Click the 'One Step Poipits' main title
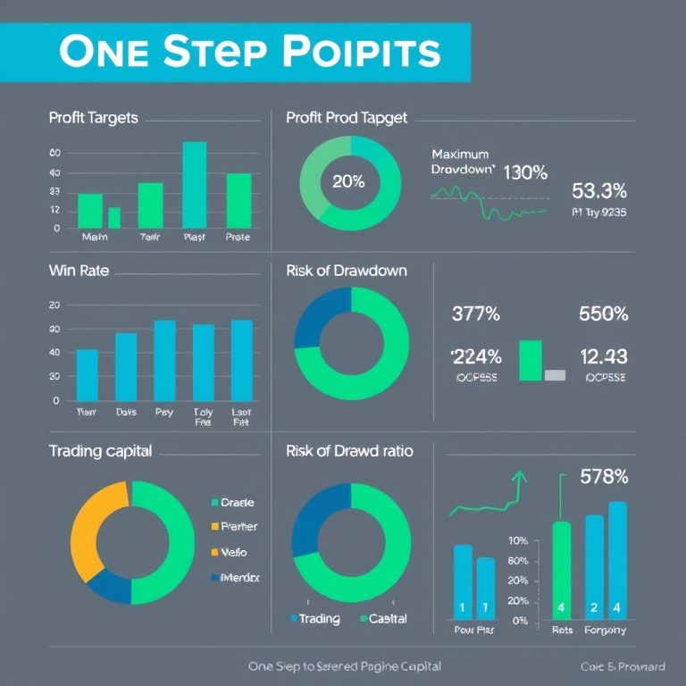[x=250, y=52]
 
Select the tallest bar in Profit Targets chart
[x=194, y=184]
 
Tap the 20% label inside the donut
[x=348, y=181]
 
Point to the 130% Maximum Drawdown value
[x=525, y=172]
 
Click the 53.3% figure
[x=598, y=190]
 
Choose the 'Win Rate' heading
[x=79, y=270]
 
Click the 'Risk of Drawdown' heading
[x=347, y=270]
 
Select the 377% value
[x=476, y=314]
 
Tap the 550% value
[x=604, y=314]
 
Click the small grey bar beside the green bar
[x=555, y=375]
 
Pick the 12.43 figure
[x=604, y=356]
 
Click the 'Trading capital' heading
[x=100, y=451]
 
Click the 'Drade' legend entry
[x=236, y=503]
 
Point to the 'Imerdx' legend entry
[x=239, y=578]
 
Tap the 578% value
[x=604, y=476]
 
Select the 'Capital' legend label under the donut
[x=388, y=618]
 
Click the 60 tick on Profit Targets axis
[x=54, y=153]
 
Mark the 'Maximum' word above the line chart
[x=459, y=154]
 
